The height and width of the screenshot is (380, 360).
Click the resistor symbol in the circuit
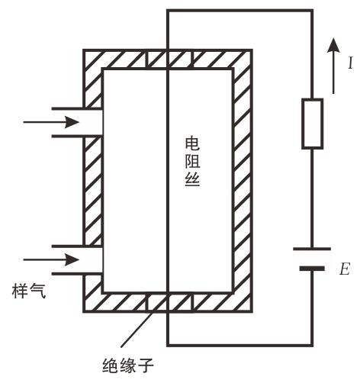point(313,124)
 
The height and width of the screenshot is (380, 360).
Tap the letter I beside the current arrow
point(350,63)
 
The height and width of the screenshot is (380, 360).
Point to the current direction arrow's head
point(333,45)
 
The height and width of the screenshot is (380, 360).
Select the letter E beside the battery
point(345,269)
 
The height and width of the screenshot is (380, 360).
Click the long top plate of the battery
point(312,249)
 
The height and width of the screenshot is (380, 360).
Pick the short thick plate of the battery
point(312,269)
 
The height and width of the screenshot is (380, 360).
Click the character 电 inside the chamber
point(192,143)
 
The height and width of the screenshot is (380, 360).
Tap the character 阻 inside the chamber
point(192,161)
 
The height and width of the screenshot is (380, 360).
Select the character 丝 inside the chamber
point(192,179)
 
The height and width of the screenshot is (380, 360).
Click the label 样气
point(29,291)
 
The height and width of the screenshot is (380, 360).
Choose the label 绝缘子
point(128,366)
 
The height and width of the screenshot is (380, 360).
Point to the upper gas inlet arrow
point(51,122)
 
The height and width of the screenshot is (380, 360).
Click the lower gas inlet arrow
point(51,259)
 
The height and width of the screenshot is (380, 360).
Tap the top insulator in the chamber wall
point(169,60)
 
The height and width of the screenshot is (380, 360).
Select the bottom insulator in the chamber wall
point(169,302)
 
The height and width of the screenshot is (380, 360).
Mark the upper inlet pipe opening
point(77,122)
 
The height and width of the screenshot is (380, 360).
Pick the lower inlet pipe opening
point(77,260)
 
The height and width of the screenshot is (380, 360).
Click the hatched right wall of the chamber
point(242,181)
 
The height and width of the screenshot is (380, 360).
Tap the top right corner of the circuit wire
point(312,11)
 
